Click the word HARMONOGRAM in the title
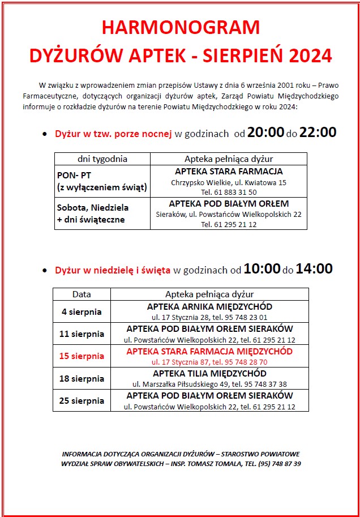(181, 28)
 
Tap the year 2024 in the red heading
(310, 55)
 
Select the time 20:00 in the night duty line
(265, 133)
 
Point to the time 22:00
(318, 133)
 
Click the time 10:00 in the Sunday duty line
(262, 269)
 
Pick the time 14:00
(314, 269)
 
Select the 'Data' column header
(82, 294)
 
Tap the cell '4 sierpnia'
(82, 311)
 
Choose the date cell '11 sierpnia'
(82, 334)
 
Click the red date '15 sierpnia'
(82, 356)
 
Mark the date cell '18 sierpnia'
(82, 378)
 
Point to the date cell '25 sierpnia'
(82, 400)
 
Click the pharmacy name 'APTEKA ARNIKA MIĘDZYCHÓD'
(209, 307)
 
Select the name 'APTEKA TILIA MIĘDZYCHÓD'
(209, 374)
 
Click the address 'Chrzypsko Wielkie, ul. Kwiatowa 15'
(229, 182)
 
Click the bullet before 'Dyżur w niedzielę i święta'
(45, 271)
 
